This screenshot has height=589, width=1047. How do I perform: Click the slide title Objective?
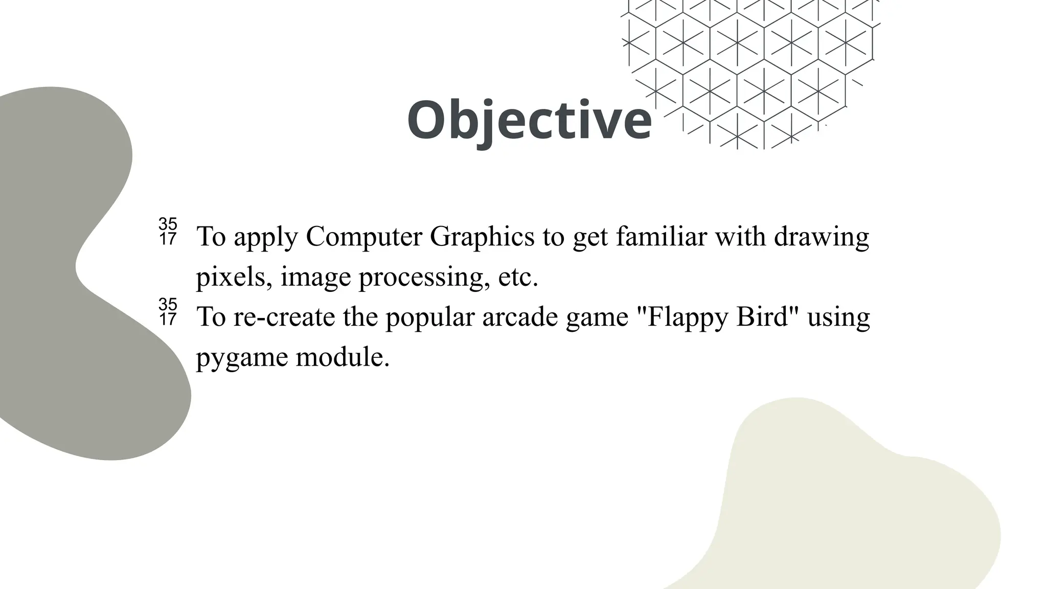[529, 121]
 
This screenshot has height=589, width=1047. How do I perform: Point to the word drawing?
[821, 237]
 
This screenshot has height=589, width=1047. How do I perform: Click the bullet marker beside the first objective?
[168, 232]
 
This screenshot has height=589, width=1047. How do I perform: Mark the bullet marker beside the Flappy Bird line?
[168, 312]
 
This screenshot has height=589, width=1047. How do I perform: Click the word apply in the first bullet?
[266, 237]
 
